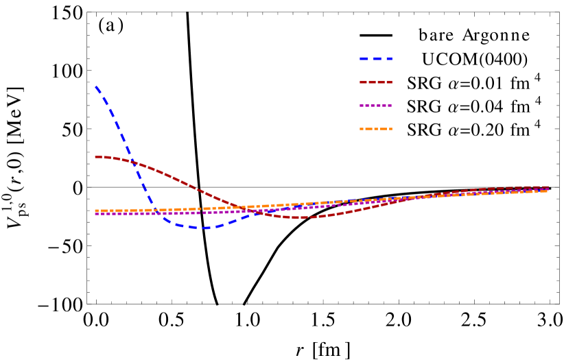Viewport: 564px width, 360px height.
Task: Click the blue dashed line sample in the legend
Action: point(376,59)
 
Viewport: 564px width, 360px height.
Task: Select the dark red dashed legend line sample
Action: point(376,82)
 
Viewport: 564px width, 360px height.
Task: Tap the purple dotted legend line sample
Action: point(376,106)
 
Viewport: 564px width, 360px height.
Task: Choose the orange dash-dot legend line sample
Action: point(376,129)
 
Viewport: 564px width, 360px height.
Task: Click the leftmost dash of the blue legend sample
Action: point(364,59)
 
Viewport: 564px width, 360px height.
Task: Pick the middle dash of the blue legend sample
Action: point(377,59)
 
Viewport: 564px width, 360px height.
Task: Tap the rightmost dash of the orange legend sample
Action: point(388,129)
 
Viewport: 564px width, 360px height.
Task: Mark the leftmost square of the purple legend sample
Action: point(362,106)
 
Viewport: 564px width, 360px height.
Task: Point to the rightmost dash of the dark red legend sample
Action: point(388,82)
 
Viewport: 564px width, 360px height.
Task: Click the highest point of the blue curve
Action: point(96,87)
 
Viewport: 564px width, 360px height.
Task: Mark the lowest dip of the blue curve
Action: point(204,228)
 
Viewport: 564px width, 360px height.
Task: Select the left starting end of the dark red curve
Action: point(96,157)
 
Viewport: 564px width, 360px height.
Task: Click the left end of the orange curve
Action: point(96,211)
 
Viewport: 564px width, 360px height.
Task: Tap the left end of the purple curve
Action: point(96,214)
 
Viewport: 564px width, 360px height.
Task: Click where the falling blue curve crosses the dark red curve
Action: point(131,162)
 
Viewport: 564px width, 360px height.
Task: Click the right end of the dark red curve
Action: point(547,187)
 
